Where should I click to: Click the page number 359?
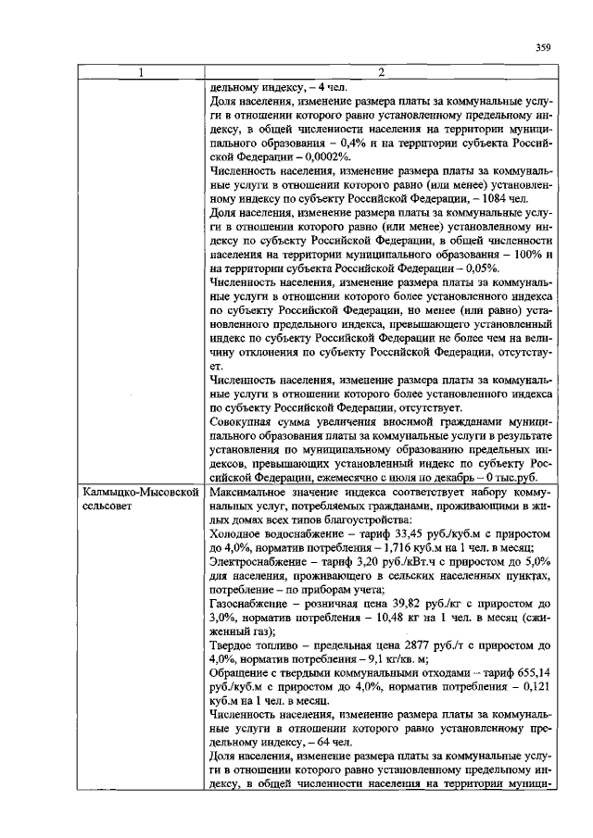545,49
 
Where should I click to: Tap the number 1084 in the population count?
497,199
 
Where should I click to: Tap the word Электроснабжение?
258,562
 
